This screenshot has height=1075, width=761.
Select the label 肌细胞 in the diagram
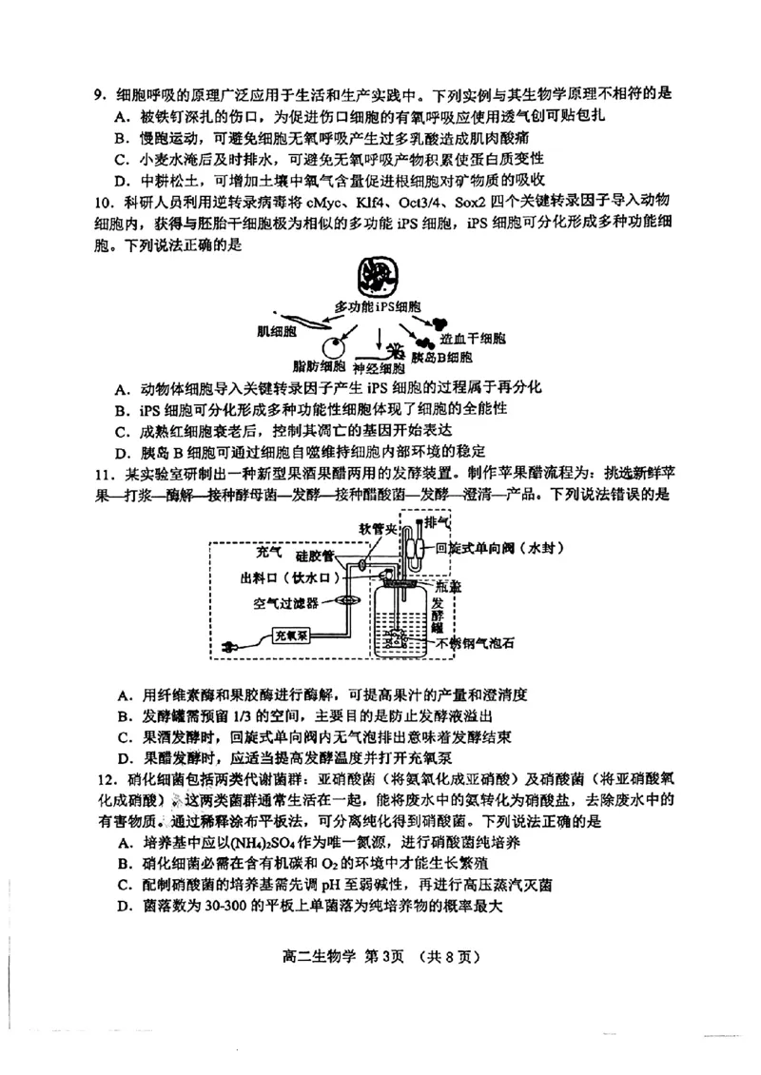coord(277,332)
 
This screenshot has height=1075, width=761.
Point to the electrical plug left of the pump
coord(229,647)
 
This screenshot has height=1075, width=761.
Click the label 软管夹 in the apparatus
coord(376,527)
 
